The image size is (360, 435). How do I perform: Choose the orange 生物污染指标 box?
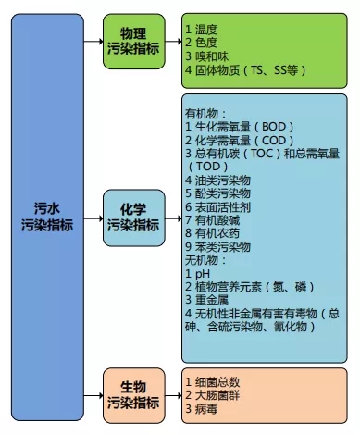(132, 394)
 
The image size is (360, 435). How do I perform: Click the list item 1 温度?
(205, 29)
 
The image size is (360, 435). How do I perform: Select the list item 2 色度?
(205, 42)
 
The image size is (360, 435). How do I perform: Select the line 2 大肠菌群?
(217, 394)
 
